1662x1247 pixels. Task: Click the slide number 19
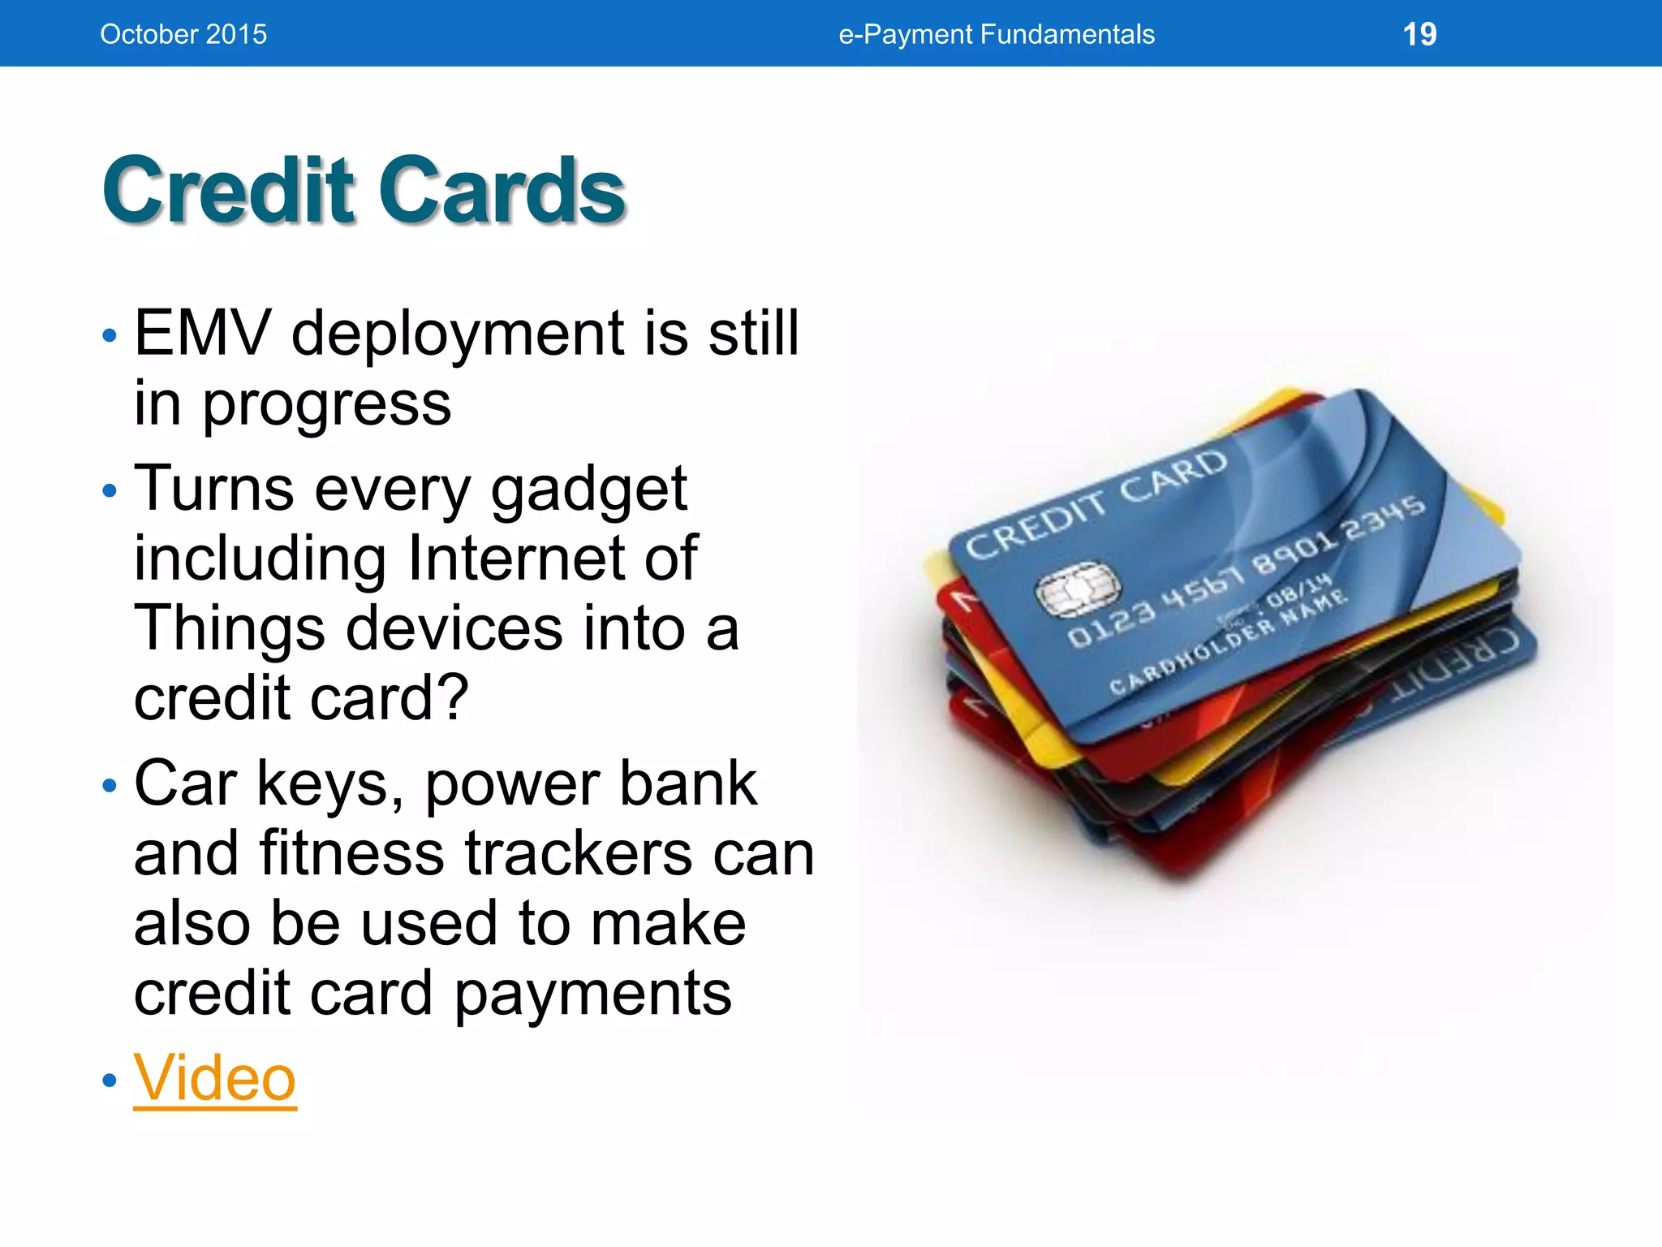point(1419,34)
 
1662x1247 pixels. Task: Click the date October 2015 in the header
point(183,34)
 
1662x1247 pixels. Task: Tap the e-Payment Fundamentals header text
point(996,34)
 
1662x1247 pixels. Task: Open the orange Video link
point(214,1078)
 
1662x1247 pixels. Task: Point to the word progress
point(326,404)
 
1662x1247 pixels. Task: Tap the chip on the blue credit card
point(1078,589)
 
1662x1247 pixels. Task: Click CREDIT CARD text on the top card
point(1096,505)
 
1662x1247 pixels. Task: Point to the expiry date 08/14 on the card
point(1298,591)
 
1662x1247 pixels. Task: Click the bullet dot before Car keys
point(110,786)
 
